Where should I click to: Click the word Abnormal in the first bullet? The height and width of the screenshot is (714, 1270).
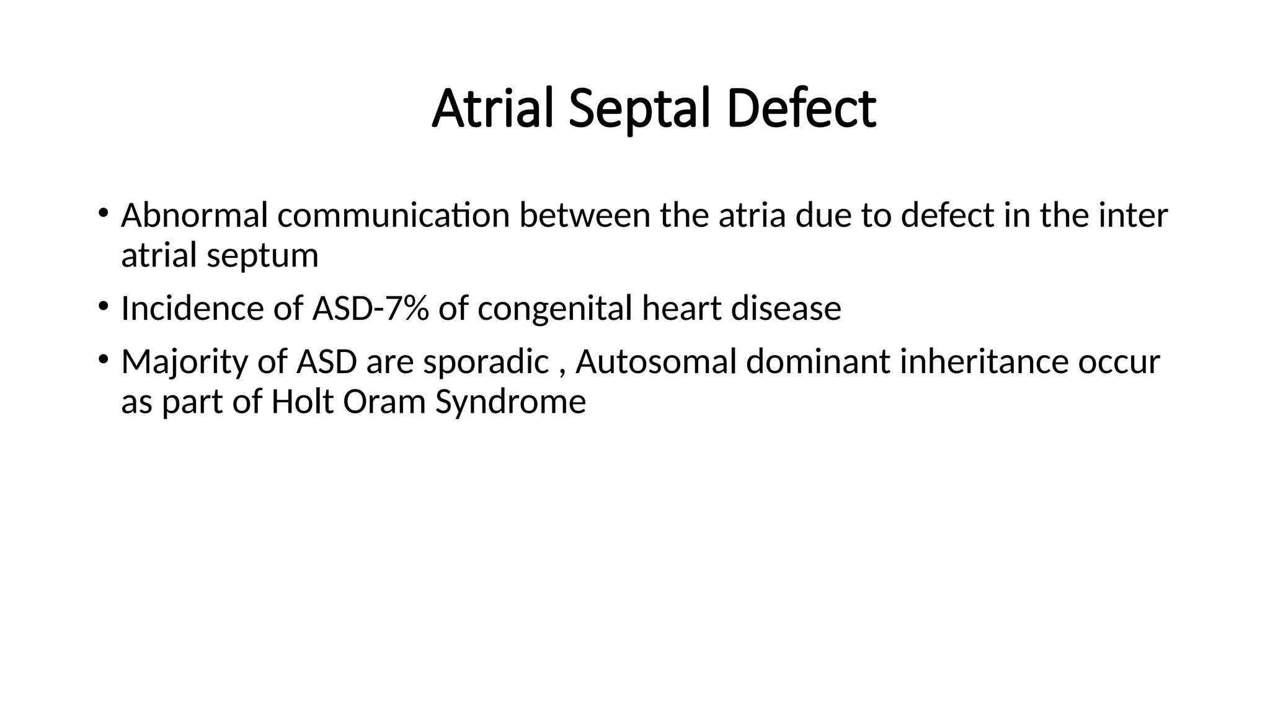coord(194,216)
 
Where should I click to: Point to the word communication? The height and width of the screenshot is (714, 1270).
coord(393,216)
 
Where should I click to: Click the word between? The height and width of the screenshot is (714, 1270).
coord(584,216)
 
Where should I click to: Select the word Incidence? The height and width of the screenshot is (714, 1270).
coord(192,309)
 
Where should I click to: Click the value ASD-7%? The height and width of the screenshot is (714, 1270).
coord(370,309)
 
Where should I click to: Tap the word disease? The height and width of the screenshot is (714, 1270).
coord(786,309)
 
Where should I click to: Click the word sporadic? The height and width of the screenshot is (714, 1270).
coord(486,362)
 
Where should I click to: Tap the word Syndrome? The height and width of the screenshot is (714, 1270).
coord(510,402)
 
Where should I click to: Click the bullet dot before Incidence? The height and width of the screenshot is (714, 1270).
coord(103,306)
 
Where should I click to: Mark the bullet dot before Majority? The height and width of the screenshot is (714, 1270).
coord(103,359)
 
